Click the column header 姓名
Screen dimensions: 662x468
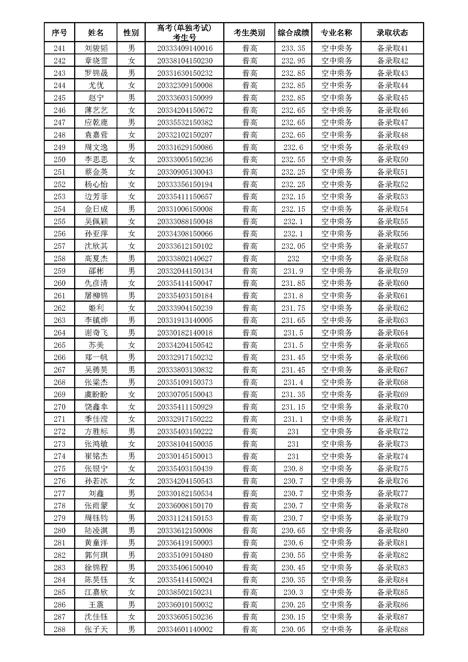[x=96, y=33]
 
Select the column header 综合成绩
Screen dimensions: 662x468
[x=293, y=33]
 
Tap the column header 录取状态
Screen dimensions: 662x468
[x=392, y=33]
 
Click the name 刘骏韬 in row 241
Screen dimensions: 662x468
[x=96, y=48]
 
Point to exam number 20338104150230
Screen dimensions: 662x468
[x=185, y=61]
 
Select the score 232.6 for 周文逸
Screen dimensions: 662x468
[x=293, y=147]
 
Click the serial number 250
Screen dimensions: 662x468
[x=59, y=159]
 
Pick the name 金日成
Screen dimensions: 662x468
[x=96, y=209]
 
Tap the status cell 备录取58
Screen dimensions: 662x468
[x=392, y=258]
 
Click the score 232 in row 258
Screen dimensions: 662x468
[x=293, y=258]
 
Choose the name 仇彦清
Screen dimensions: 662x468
[x=96, y=283]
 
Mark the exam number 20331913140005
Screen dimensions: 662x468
[x=185, y=320]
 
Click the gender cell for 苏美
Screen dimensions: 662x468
[x=131, y=345]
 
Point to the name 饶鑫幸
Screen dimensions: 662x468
[x=96, y=406]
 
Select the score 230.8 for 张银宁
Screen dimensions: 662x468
[x=293, y=468]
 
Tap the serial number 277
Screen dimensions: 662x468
[x=59, y=493]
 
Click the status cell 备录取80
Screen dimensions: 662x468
[x=392, y=530]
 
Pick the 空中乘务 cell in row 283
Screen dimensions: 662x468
[x=337, y=567]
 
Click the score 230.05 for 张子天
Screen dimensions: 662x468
[x=293, y=629]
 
